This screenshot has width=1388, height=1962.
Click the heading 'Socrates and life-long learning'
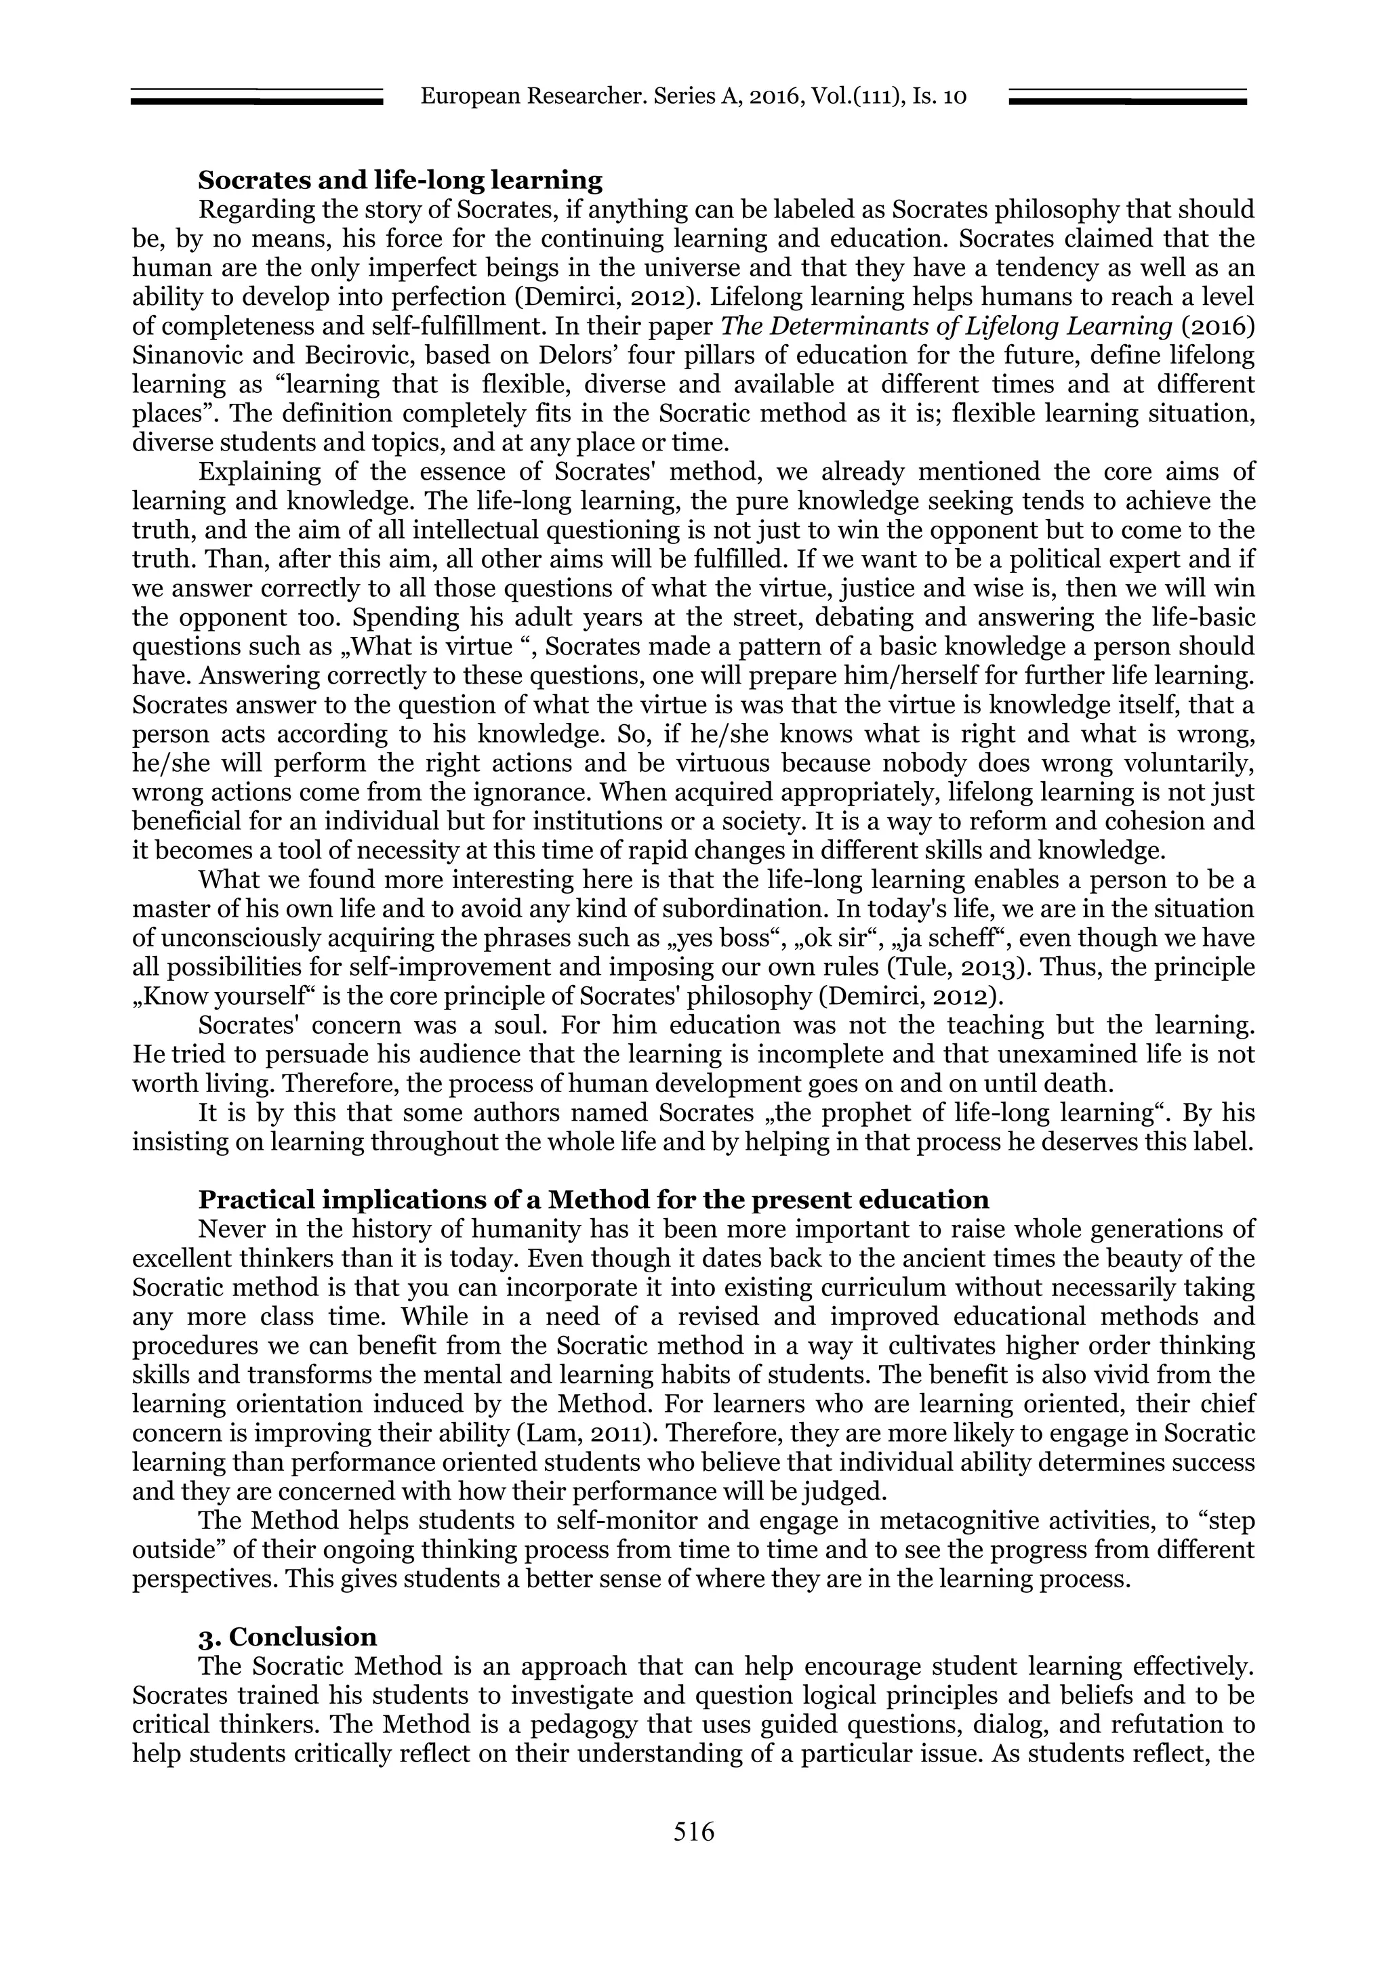(400, 180)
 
